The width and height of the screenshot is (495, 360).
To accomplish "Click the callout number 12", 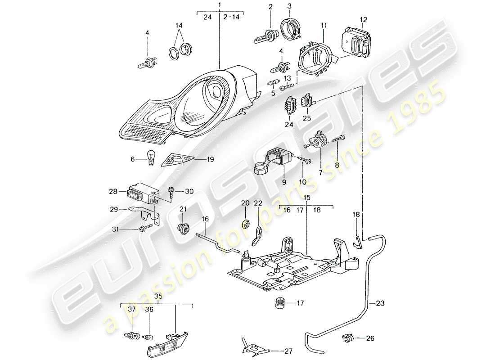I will coord(364,19).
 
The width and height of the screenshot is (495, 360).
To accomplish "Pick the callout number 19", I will coord(210,159).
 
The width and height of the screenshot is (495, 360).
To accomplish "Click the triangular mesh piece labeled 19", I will coord(179,158).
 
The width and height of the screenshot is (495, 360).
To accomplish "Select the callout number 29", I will coord(114,209).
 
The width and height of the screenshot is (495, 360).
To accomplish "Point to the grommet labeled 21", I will coord(183,228).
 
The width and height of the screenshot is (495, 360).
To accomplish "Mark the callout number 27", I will coord(289,350).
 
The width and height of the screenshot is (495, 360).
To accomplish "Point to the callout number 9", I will coord(283,182).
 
